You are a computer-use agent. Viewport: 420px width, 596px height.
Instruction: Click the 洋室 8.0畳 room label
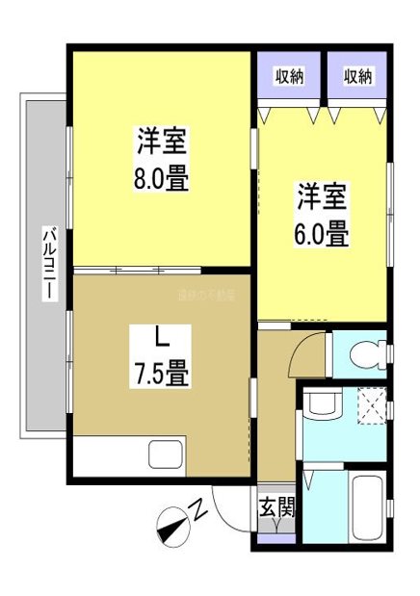coord(162,160)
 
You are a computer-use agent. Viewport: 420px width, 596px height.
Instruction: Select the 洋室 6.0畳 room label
coord(322,214)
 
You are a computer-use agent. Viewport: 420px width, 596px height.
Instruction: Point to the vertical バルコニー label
coord(46,263)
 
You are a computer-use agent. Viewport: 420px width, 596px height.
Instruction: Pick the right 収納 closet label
coord(358,76)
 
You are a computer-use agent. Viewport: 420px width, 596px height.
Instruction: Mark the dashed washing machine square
coord(370,403)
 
